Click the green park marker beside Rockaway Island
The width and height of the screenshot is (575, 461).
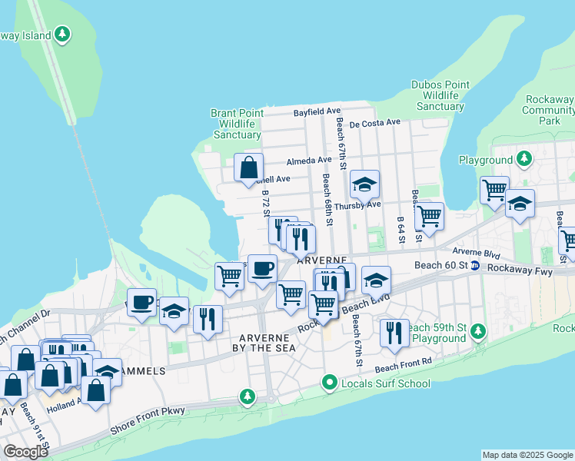point(63,35)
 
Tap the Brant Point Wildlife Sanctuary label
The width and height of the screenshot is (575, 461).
point(238,124)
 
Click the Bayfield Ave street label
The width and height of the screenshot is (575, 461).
point(316,112)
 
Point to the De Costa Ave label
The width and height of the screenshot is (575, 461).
point(374,122)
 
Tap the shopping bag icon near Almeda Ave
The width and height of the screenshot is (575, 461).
point(249,167)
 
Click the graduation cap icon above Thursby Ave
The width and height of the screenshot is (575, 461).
point(365,184)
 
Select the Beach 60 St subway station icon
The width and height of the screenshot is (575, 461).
point(475,266)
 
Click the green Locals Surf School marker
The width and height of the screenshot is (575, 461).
point(330,382)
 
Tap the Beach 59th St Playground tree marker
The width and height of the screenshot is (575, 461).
point(479,331)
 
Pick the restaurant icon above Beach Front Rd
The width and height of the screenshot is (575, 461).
point(394,332)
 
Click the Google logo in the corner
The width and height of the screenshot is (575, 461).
point(25,452)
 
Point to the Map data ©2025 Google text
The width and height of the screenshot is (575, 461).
point(527,455)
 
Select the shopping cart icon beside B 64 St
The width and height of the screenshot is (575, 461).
point(429,216)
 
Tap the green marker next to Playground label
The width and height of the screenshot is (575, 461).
point(524,159)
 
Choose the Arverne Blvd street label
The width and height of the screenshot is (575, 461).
point(476,251)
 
